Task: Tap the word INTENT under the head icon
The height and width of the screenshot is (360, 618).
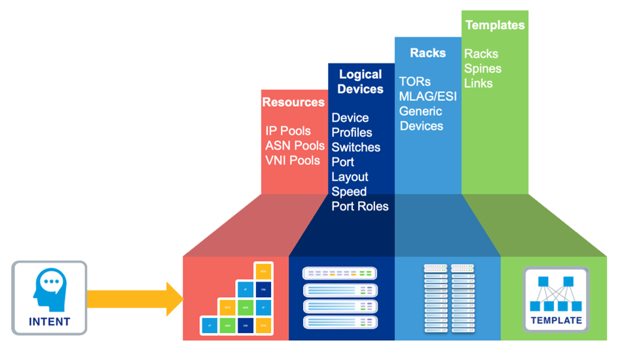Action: (49, 321)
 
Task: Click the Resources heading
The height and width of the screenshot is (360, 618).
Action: (293, 102)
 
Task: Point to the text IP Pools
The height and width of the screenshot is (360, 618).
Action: (288, 131)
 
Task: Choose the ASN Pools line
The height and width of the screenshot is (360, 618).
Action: (295, 145)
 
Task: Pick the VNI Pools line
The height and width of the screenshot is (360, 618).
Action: (293, 160)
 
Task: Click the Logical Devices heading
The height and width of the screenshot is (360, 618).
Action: (361, 82)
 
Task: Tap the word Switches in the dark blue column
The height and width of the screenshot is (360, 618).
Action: (355, 147)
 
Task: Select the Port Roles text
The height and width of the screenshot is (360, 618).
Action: (360, 206)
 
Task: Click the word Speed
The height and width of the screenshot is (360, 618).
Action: (349, 192)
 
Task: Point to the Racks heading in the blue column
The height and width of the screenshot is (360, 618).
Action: (427, 52)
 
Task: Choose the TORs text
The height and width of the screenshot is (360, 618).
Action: (415, 82)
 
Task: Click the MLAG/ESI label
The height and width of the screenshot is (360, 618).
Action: (427, 96)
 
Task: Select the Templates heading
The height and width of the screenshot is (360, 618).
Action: (495, 25)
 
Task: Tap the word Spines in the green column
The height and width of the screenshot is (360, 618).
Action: (482, 69)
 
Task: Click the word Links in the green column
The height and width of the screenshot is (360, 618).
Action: (479, 83)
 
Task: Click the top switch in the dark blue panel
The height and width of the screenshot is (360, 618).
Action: (340, 273)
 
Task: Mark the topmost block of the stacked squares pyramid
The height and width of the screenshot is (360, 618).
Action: (263, 270)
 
